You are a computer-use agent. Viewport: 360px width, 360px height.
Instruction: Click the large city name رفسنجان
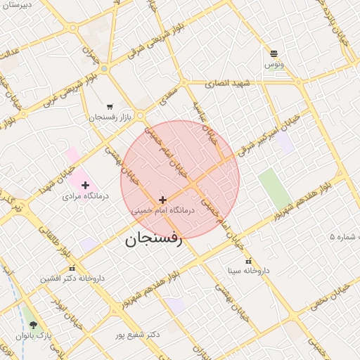(153, 239)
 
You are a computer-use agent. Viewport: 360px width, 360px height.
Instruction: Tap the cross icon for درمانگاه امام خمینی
(163, 200)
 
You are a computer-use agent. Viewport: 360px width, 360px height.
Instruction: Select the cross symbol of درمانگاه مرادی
(86, 186)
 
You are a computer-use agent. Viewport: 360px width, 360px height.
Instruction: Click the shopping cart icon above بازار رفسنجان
(109, 107)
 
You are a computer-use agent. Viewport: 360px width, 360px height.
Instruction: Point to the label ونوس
(274, 65)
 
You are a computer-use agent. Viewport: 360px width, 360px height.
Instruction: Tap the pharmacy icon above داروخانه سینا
(248, 261)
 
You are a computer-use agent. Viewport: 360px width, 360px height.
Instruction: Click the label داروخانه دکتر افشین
(72, 278)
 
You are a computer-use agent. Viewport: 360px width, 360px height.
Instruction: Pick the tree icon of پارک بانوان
(33, 325)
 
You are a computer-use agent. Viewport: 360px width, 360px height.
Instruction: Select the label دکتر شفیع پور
(138, 334)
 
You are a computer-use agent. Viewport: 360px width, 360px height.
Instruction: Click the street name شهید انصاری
(228, 83)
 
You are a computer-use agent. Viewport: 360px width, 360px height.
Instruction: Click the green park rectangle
(274, 188)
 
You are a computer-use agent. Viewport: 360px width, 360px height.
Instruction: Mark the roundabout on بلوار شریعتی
(104, 69)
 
